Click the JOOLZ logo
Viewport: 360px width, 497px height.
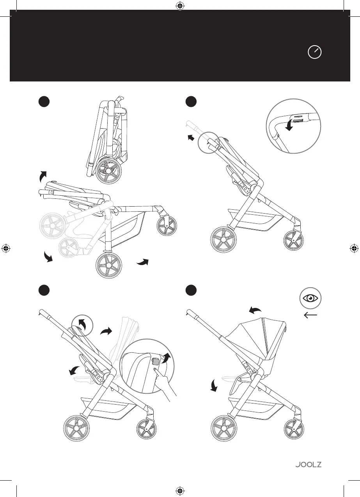308,465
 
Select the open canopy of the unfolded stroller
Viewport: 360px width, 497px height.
257,335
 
